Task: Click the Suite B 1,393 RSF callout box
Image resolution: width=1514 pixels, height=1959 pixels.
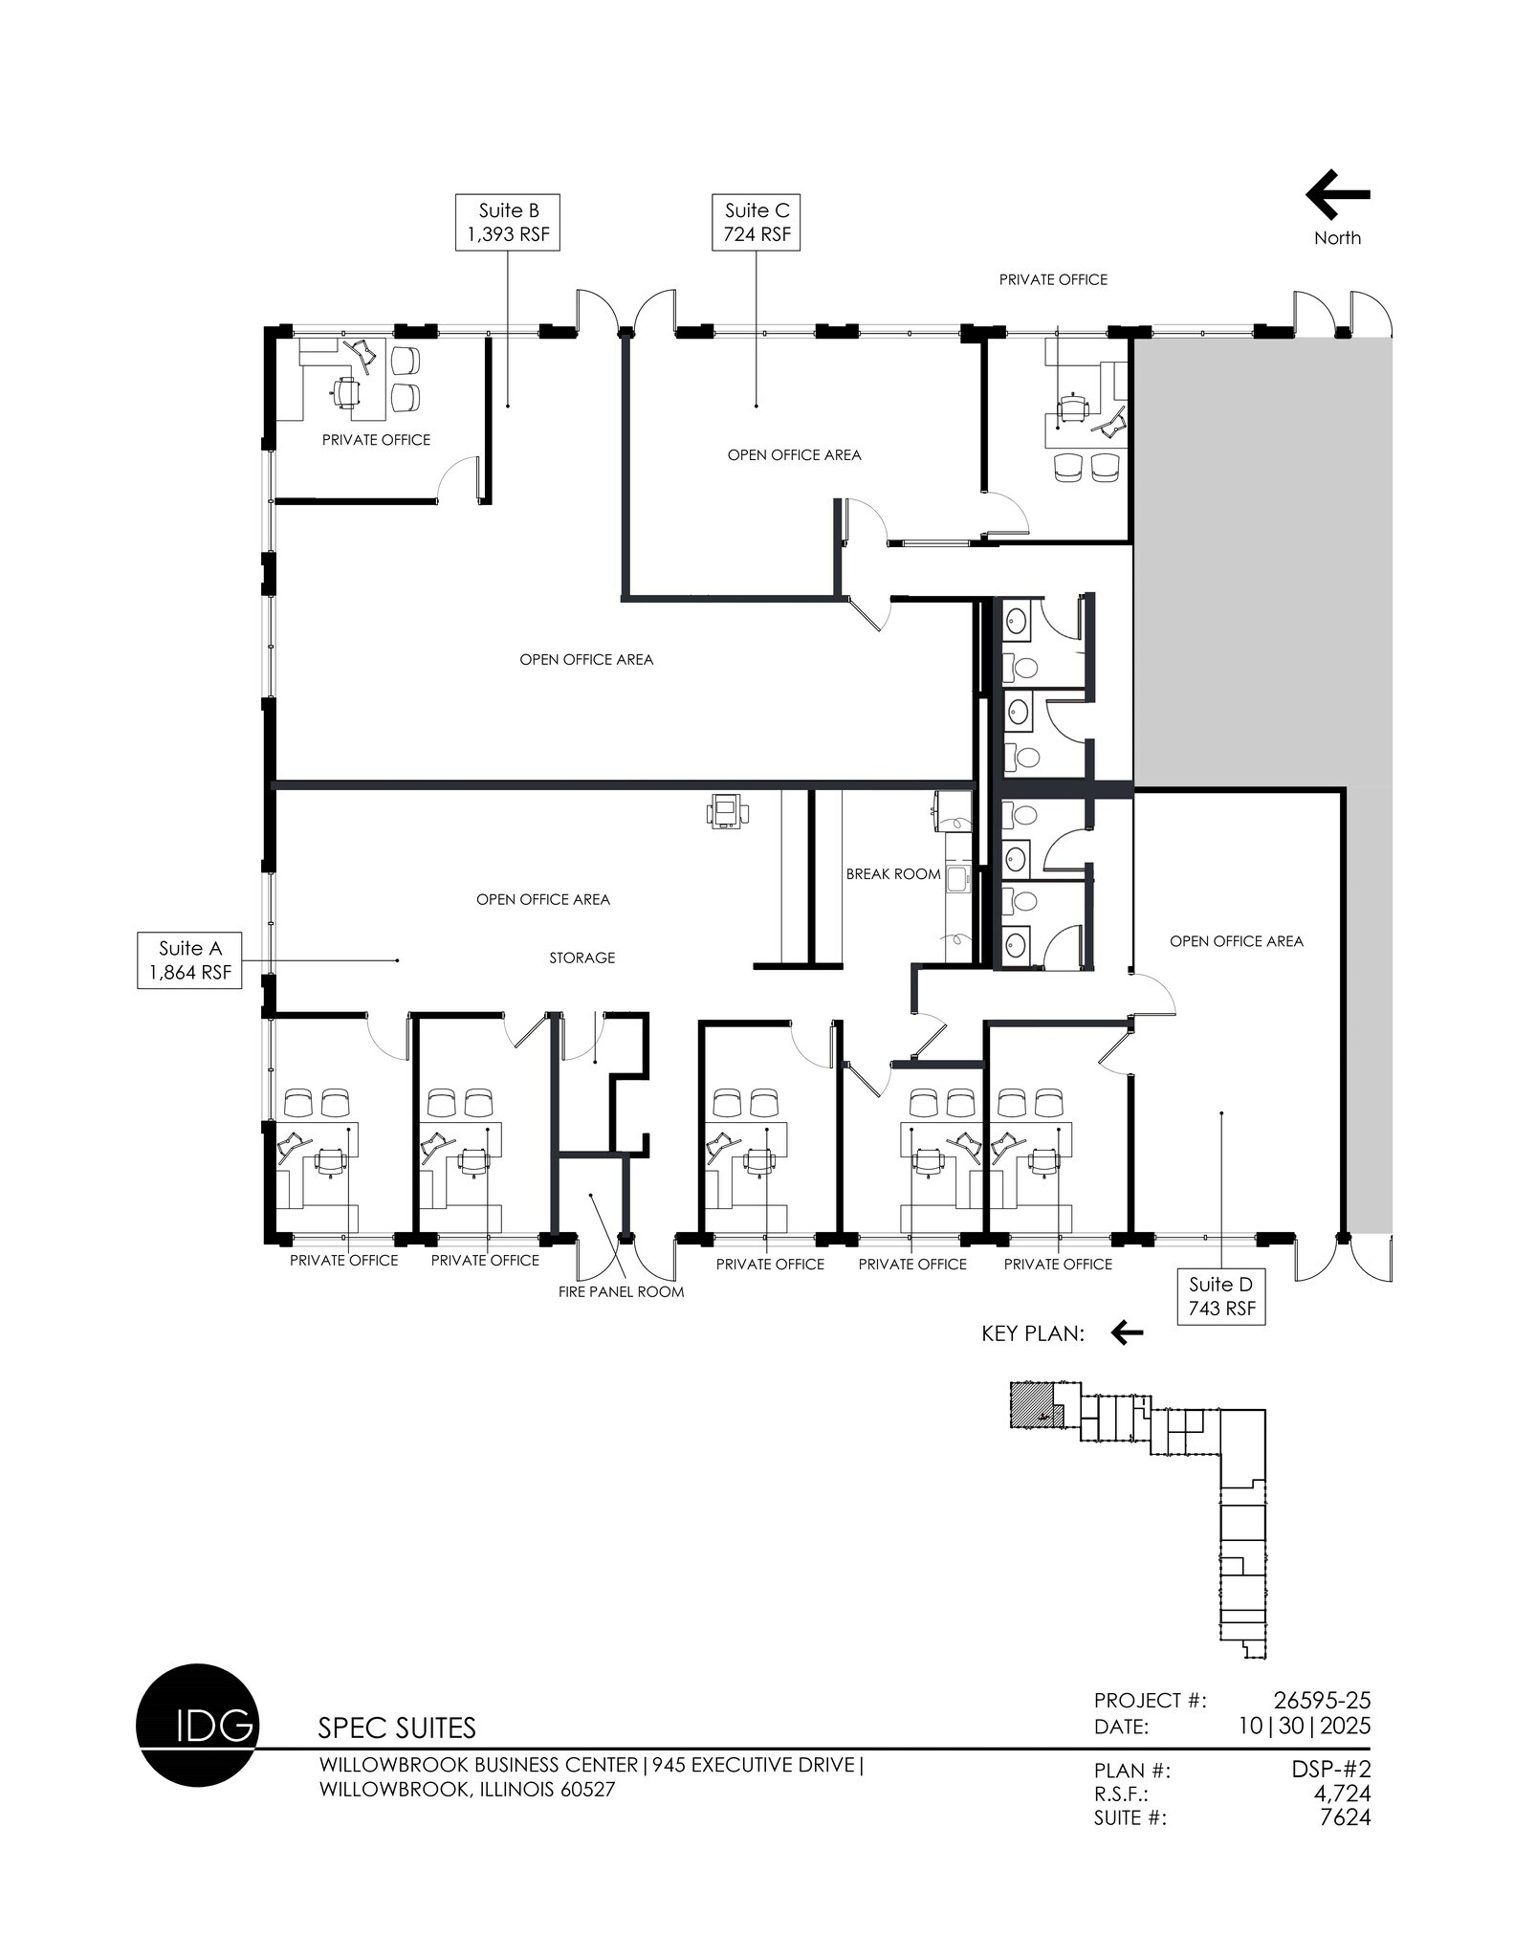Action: (507, 222)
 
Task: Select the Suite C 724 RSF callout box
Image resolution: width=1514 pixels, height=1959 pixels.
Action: (756, 222)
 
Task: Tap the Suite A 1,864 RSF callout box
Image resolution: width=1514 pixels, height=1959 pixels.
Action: (189, 959)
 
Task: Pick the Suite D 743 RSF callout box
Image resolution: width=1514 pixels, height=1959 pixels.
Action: (1221, 1296)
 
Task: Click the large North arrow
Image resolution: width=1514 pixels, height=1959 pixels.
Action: (1337, 195)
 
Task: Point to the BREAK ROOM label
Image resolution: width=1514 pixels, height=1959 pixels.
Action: (892, 873)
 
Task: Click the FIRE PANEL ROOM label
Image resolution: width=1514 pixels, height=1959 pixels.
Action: (621, 1291)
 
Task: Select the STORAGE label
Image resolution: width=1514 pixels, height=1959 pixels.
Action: (581, 957)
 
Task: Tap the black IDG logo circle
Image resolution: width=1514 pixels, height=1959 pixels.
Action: (198, 1725)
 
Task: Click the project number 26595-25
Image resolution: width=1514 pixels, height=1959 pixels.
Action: (1322, 1700)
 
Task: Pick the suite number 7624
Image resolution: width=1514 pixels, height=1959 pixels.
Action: (1345, 1817)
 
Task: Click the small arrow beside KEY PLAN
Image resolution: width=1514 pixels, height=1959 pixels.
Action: (1127, 1332)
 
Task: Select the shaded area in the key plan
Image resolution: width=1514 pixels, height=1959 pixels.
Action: (1031, 1404)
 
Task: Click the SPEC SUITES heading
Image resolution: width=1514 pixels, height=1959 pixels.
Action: (396, 1728)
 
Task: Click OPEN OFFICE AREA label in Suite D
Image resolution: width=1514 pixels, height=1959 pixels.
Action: (1236, 941)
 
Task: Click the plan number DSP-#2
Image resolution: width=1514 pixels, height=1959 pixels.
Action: (1330, 1770)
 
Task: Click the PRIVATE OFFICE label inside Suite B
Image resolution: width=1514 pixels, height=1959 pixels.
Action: (376, 440)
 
